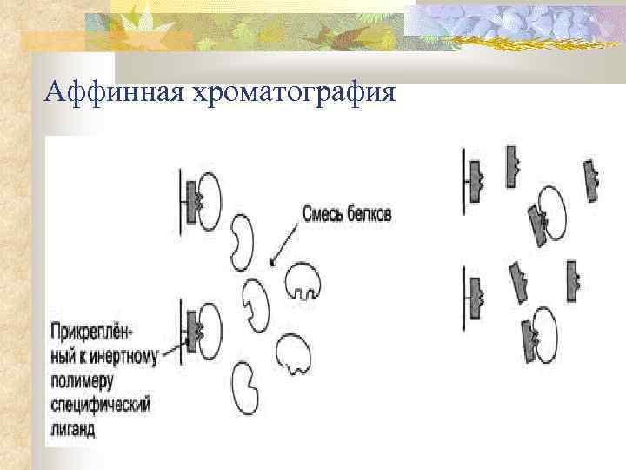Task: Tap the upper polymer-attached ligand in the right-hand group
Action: coord(475,180)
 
